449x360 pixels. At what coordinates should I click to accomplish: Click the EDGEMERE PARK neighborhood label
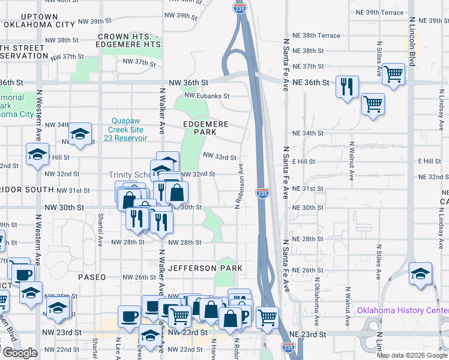tap(206, 127)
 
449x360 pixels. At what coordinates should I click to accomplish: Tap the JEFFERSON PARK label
tap(205, 268)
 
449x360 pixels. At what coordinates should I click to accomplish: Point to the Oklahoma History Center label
tap(403, 310)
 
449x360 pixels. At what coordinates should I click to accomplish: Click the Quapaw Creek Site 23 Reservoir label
tap(128, 129)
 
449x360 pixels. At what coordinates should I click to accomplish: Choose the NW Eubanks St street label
tap(207, 95)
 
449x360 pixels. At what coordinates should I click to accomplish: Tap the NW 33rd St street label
tap(220, 157)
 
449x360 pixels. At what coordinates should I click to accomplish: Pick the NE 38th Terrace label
tap(316, 35)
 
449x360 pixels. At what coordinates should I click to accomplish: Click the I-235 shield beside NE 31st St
tap(262, 193)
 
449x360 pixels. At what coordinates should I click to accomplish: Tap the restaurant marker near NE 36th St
tap(347, 87)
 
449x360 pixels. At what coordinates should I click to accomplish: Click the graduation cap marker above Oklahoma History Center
tap(420, 274)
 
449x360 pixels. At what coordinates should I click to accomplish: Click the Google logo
tap(19, 353)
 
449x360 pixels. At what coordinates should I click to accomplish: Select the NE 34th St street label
tap(307, 133)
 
